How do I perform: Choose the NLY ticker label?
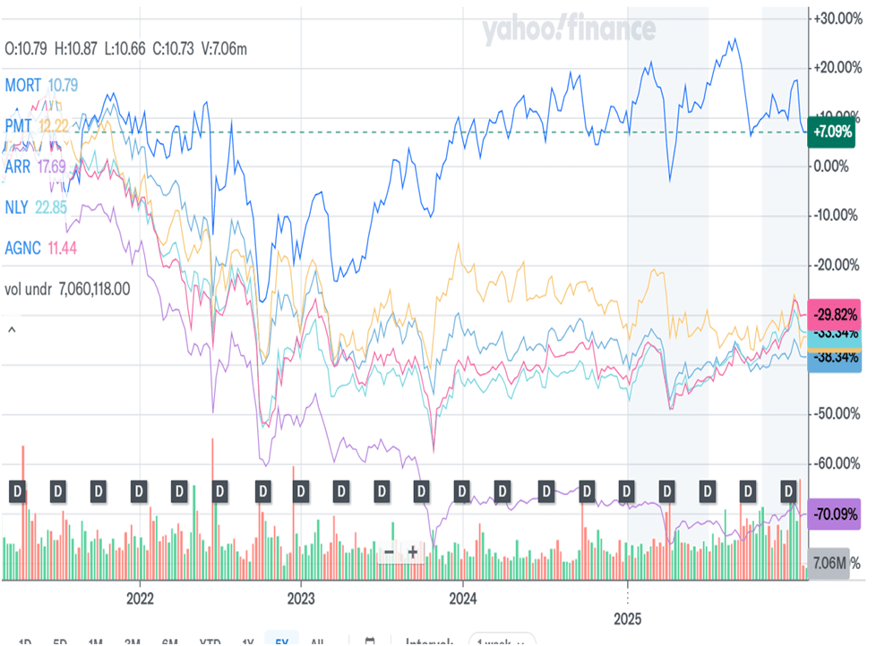[17, 207]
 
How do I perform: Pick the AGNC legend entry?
[21, 247]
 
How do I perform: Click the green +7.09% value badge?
[832, 132]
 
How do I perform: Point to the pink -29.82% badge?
[835, 315]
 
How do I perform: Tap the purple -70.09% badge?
[835, 515]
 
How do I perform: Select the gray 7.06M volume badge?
[831, 562]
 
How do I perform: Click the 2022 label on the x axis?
[141, 597]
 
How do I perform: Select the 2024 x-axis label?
[462, 597]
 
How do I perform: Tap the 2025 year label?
[627, 617]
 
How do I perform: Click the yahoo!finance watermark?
[570, 31]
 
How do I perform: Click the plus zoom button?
[412, 552]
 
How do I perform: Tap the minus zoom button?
[389, 552]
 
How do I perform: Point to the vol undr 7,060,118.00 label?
[67, 288]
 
